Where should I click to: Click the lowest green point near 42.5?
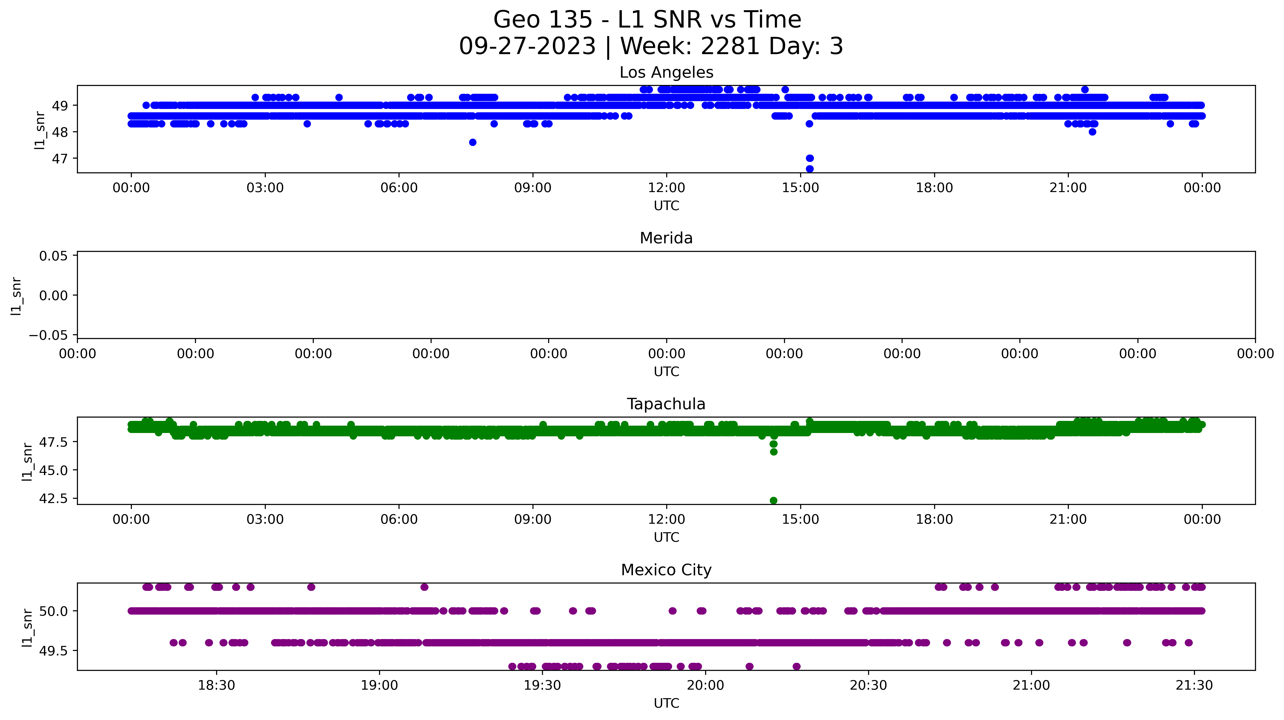point(773,500)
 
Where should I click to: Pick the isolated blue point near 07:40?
point(472,142)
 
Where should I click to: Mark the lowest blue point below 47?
point(809,169)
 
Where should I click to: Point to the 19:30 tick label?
point(542,686)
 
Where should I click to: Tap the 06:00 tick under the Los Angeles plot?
point(399,188)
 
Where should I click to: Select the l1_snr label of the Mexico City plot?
point(27,627)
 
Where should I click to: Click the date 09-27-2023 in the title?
point(527,46)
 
